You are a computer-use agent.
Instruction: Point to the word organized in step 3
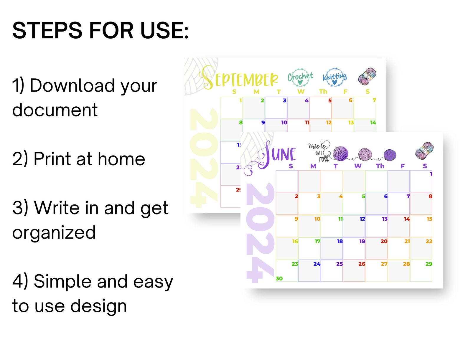pos(54,232)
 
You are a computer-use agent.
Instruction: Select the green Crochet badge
pos(300,77)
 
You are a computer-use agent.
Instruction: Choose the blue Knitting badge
pos(334,77)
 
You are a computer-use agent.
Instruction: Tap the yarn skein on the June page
pos(425,151)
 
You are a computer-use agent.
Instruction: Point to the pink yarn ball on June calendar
pos(365,154)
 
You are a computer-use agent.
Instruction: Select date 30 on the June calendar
pos(279,278)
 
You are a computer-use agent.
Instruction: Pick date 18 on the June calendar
pos(340,241)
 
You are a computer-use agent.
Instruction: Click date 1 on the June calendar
pos(431,174)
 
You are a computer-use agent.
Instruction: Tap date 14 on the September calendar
pos(373,123)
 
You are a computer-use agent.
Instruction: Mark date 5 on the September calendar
pos(330,100)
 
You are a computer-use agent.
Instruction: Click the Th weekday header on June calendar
pos(380,166)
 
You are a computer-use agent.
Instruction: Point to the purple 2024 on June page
pos(260,233)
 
